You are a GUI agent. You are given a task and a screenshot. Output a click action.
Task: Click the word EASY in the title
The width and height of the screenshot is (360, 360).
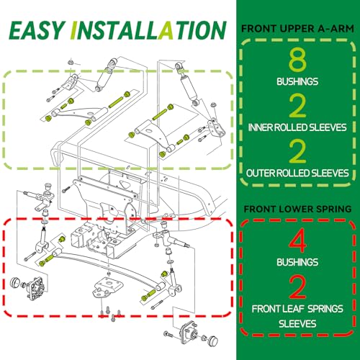point(37,30)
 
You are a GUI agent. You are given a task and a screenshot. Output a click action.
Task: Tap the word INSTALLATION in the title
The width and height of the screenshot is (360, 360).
point(148,30)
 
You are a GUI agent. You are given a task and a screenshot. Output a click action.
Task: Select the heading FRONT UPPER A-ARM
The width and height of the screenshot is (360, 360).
point(297,29)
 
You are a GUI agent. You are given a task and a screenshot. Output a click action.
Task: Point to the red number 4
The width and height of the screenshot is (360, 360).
point(297,240)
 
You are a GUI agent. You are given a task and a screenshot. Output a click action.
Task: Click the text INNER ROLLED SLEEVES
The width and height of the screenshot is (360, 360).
point(297,127)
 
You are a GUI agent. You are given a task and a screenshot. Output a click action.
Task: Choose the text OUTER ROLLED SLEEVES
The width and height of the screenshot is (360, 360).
point(297,173)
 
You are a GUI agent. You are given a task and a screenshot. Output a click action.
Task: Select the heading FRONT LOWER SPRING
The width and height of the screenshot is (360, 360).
point(297,209)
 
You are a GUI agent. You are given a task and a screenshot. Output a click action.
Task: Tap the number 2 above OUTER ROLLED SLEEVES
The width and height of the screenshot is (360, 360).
point(297,151)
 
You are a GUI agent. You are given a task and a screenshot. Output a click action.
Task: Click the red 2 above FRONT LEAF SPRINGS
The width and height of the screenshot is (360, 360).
point(297,287)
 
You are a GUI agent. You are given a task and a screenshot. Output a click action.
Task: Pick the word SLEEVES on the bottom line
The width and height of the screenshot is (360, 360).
point(297,324)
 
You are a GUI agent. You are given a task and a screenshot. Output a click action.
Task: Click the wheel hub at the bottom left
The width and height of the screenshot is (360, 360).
point(36,288)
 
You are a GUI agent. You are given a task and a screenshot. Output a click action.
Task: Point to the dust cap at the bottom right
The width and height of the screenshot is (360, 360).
point(213,340)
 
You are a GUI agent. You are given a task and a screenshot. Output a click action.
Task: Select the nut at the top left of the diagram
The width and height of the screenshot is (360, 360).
point(71,62)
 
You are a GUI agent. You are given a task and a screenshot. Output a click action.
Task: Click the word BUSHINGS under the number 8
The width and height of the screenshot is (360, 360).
point(297,81)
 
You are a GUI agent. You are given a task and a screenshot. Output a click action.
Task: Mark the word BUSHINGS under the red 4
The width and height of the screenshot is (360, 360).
point(297,262)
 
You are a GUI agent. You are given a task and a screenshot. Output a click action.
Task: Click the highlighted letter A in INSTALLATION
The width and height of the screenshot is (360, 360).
point(166,30)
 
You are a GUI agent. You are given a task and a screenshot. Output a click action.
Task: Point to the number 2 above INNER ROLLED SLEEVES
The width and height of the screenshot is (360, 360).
point(297,106)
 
